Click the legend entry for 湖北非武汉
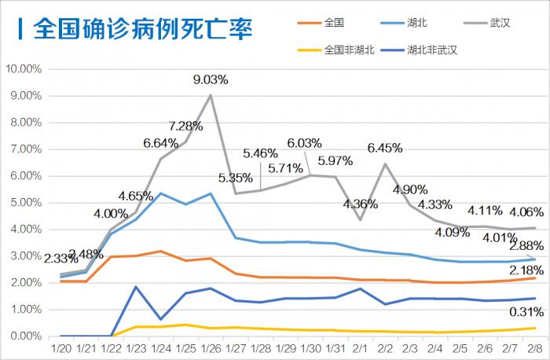[x=431, y=50]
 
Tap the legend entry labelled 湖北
[x=416, y=23]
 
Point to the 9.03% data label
[x=211, y=79]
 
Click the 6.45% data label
[x=385, y=147]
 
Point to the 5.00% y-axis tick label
[x=25, y=203]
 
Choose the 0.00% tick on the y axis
[x=25, y=336]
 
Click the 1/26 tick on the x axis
[x=210, y=347]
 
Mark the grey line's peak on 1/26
[x=211, y=95]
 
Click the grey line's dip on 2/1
[x=359, y=219]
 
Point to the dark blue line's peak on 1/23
[x=136, y=287]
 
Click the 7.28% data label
[x=186, y=127]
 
